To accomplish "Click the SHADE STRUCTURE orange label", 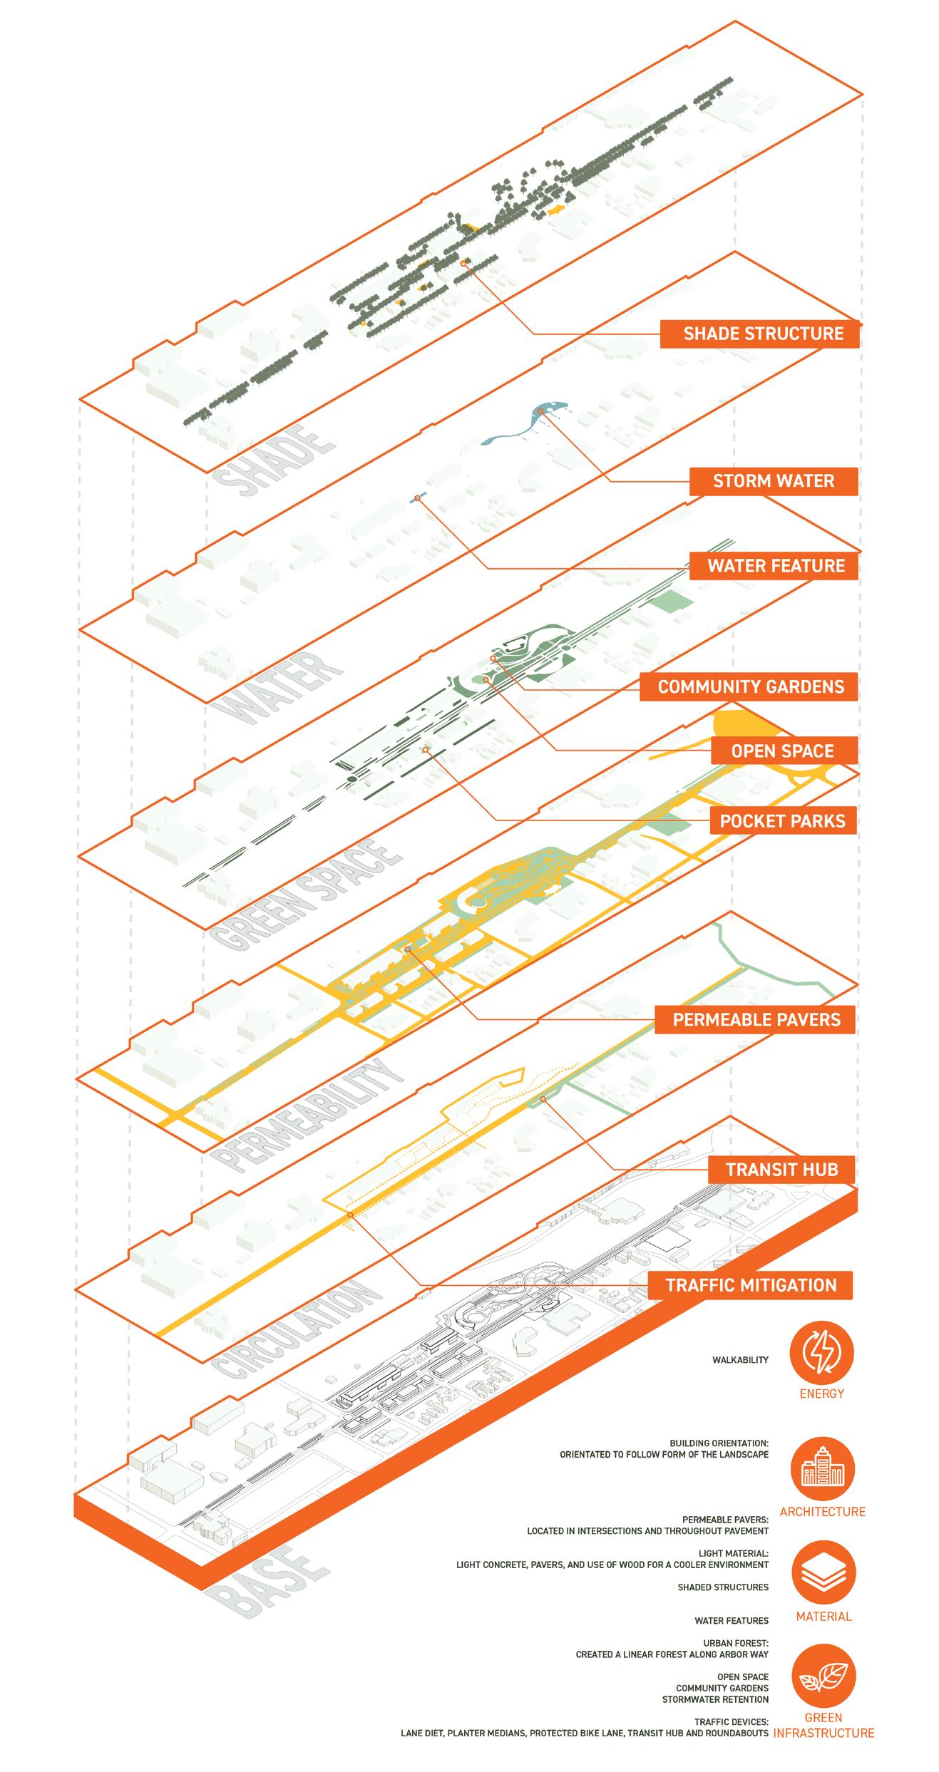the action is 759,334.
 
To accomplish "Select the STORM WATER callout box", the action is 773,481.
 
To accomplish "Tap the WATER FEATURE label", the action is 773,566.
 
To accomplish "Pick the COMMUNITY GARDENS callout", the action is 749,687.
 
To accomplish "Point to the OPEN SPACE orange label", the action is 782,751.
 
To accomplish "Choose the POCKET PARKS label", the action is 782,821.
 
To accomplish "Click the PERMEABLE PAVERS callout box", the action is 756,1020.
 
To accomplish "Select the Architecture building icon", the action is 822,1470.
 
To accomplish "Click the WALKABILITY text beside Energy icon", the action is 740,1360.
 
